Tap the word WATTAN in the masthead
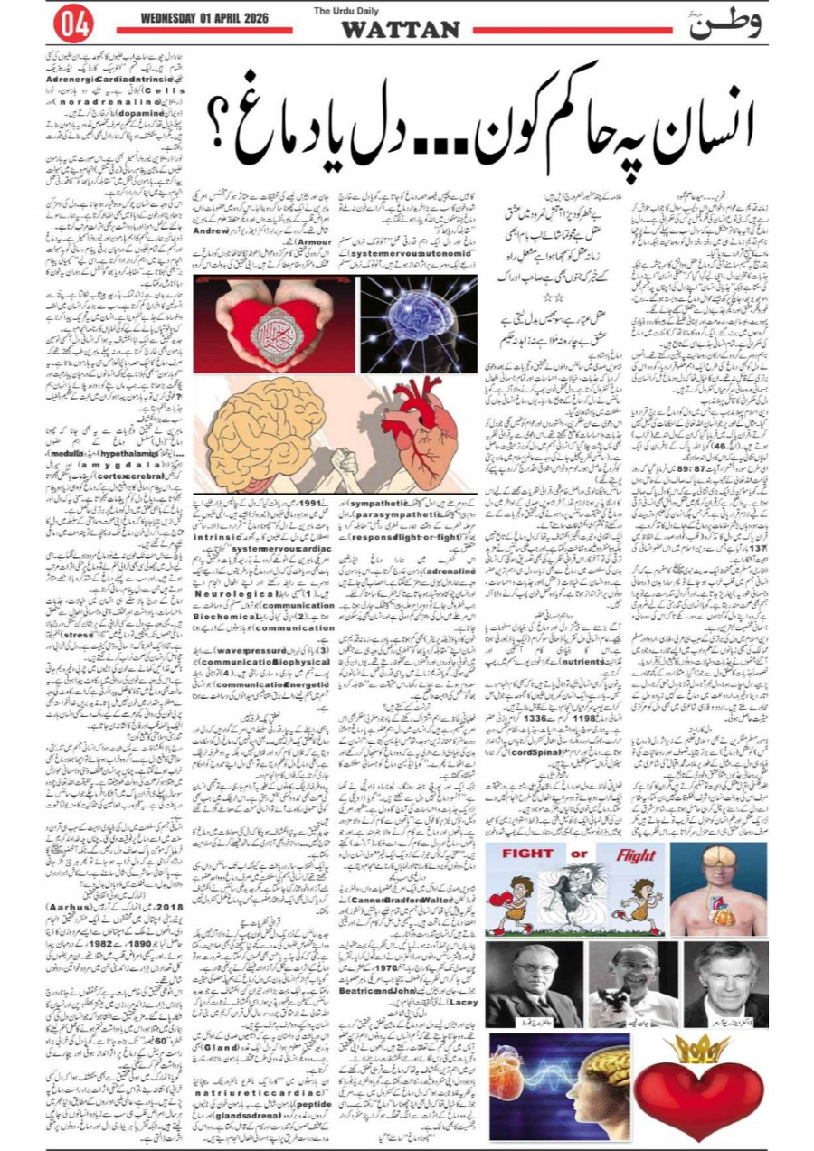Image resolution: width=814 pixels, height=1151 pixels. coord(400,30)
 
